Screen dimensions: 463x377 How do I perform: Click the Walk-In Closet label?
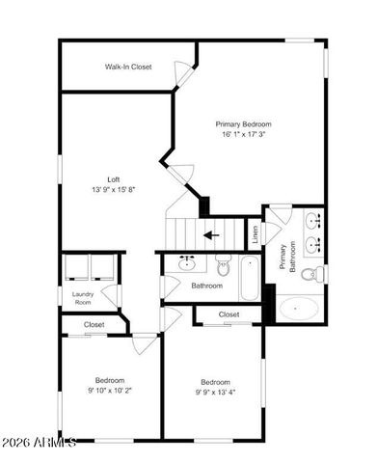(x=128, y=67)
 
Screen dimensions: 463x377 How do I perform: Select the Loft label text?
(x=113, y=178)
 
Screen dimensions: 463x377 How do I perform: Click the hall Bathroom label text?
(x=206, y=286)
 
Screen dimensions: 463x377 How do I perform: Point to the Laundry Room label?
(x=82, y=298)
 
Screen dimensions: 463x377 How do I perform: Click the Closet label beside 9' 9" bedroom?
(x=229, y=314)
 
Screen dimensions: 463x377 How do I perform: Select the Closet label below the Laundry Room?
(x=94, y=324)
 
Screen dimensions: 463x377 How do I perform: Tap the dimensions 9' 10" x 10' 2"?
(x=108, y=391)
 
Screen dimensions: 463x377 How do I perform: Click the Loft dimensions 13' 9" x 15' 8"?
(x=114, y=190)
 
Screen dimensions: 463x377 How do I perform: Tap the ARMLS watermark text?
(x=39, y=443)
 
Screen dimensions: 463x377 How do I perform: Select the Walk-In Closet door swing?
(x=182, y=72)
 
